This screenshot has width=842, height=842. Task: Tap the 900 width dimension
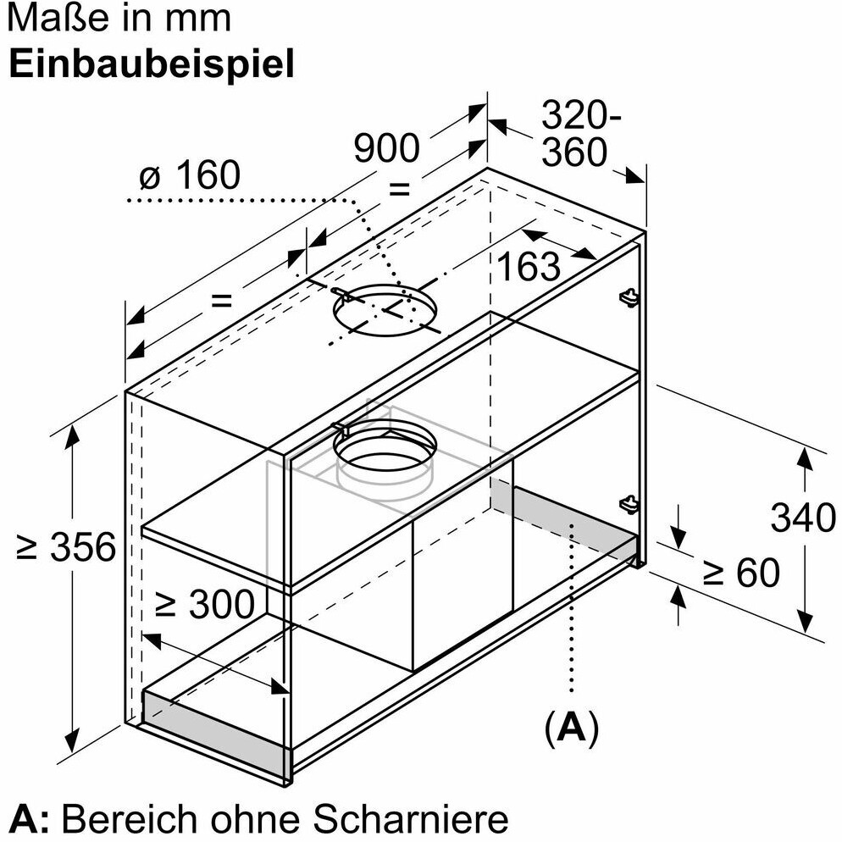386,149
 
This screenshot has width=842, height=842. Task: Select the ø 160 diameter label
191,175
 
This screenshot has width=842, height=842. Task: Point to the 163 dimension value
529,266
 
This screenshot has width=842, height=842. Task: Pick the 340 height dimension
803,516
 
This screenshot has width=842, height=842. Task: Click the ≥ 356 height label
65,548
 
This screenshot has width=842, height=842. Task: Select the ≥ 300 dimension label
204,604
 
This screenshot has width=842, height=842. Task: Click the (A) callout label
572,726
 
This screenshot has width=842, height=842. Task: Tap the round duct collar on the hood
385,453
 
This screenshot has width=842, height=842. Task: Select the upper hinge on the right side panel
628,295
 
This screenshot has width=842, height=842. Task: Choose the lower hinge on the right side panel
628,504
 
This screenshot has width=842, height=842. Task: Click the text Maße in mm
119,18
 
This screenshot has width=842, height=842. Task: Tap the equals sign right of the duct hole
399,187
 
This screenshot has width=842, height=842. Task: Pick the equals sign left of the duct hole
220,298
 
